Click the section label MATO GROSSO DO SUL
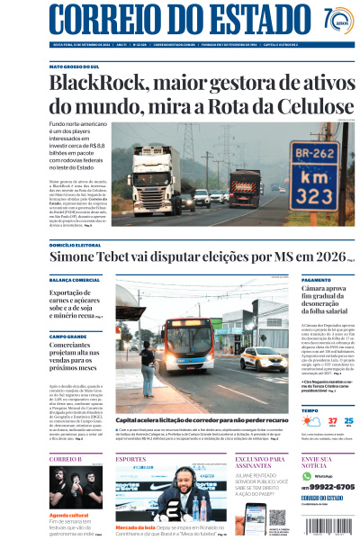76,67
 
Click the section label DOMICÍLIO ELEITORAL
75,244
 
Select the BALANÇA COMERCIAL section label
74,280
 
